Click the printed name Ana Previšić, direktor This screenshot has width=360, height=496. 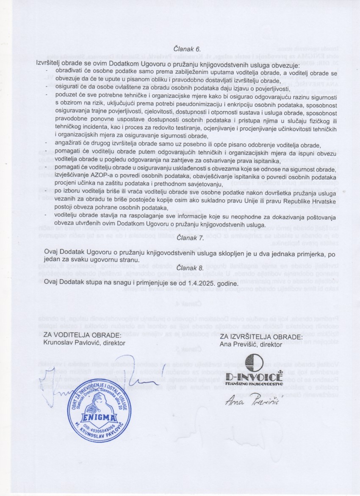(x=251, y=344)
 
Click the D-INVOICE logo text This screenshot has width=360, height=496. (x=254, y=376)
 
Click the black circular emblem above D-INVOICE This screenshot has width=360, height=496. (x=254, y=362)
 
